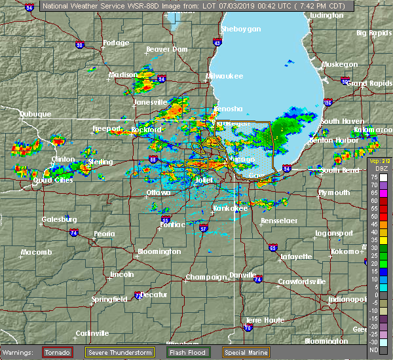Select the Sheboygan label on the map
click(241, 29)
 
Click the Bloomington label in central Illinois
click(160, 252)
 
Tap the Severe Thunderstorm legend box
click(120, 352)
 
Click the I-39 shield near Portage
click(79, 45)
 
